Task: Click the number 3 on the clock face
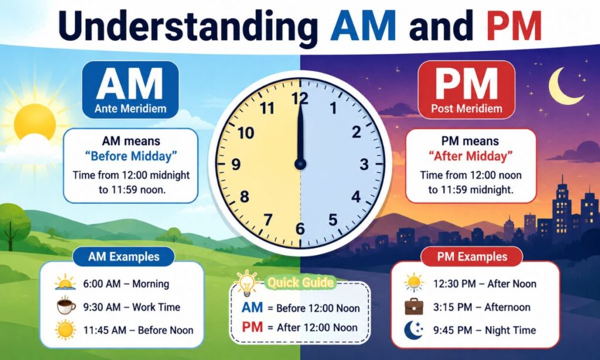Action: point(364,164)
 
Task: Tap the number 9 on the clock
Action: point(236,164)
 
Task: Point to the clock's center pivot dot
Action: point(301,164)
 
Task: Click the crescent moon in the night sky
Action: point(564,86)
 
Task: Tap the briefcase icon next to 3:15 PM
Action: point(414,307)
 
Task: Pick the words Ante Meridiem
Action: point(131,109)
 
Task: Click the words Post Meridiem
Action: point(466,109)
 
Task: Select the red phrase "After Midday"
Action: point(471,157)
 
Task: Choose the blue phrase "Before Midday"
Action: point(131,157)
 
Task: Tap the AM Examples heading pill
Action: point(124,257)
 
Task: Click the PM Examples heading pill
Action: point(472,257)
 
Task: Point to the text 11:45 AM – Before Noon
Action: point(138,330)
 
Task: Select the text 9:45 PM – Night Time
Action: point(485,330)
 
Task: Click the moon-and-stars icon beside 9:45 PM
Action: point(414,330)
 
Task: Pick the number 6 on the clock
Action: point(300,229)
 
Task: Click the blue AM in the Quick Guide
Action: point(252,308)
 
